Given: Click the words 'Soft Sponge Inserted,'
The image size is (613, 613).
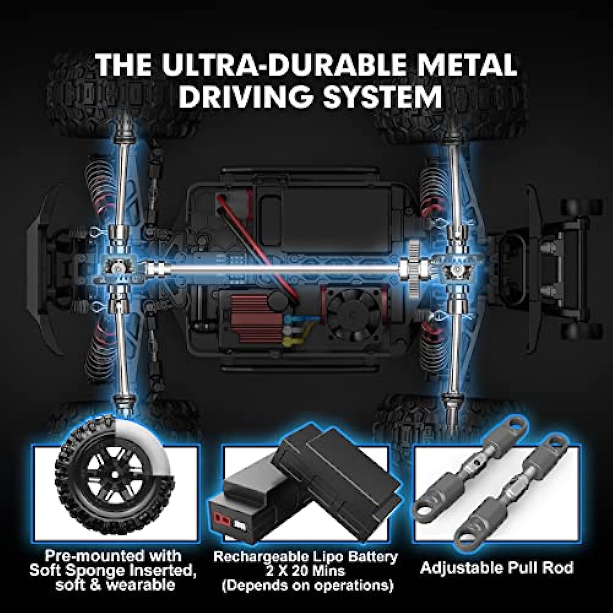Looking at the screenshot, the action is pos(113,570).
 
